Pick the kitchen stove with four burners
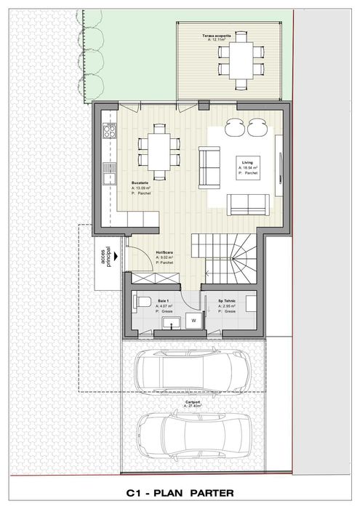pos(110,132)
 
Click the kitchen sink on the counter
pos(110,174)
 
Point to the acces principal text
pos(110,257)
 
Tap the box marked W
pos(193,318)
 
